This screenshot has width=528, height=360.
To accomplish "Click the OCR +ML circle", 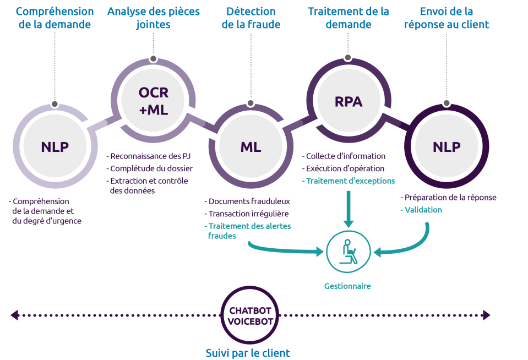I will (x=153, y=101).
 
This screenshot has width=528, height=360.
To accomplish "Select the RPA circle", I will (x=349, y=102).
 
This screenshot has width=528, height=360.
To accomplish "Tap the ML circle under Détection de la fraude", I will (x=251, y=147).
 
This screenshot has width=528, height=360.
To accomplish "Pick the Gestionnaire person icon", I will (x=348, y=252).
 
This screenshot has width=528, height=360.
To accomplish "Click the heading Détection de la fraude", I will (x=251, y=18).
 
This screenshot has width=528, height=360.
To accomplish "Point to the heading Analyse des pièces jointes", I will (x=153, y=18).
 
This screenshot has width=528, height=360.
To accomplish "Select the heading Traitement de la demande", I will (x=349, y=18).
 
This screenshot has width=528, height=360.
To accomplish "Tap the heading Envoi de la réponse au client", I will (x=446, y=18).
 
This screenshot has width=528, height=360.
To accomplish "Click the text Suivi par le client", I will (x=248, y=353).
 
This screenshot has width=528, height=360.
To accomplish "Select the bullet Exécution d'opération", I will (x=345, y=168).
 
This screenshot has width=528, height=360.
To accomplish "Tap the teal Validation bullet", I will (x=422, y=210).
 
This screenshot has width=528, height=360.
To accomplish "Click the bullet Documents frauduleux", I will (x=248, y=201).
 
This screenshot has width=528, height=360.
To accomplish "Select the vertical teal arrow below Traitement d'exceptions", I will (x=348, y=209).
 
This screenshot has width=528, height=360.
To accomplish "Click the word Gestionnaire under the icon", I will (x=347, y=286).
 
